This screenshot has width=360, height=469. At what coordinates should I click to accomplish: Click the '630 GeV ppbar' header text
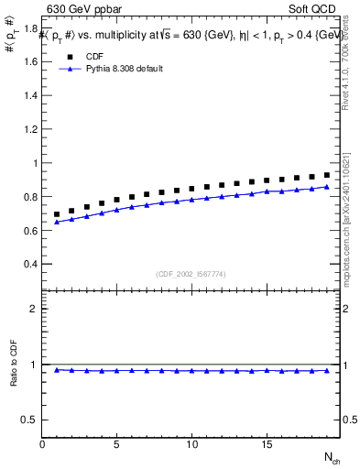(83, 10)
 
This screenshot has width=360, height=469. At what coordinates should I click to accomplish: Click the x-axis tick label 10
(191, 444)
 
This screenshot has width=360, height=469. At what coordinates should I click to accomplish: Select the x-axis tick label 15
(266, 444)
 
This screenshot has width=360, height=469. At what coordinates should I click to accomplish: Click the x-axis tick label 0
(42, 444)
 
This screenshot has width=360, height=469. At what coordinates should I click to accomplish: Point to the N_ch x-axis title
(332, 456)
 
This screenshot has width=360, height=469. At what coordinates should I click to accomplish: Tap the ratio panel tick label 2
(34, 309)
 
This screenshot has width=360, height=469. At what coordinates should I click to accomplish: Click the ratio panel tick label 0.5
(30, 420)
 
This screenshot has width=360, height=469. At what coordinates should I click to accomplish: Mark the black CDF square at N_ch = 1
(57, 214)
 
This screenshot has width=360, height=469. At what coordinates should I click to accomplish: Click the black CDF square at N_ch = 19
(326, 175)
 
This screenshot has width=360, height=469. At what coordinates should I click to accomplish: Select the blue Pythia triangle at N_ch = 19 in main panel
(326, 187)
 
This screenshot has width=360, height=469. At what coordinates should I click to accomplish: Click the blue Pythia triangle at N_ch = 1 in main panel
(57, 222)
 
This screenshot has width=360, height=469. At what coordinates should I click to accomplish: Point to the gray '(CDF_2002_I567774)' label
(191, 273)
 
